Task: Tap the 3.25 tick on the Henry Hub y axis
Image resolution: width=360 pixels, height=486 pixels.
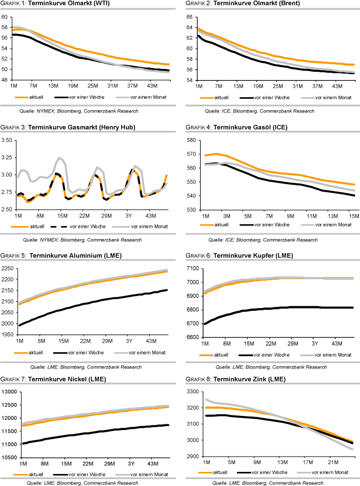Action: coord(7,139)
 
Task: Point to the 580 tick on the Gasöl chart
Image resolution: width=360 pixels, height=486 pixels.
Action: coord(190,140)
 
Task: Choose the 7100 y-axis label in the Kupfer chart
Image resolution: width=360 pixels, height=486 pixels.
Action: coord(189,268)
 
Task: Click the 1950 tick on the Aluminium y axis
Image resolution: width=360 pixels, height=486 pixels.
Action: coord(8,335)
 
